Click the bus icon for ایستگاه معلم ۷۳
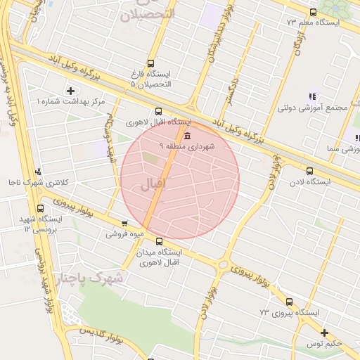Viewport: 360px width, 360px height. tap(313, 12)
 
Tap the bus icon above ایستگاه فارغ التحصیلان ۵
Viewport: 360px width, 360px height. tap(150, 63)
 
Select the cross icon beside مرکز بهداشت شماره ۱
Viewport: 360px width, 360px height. tap(70, 91)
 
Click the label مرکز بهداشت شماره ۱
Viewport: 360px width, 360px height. tap(71, 102)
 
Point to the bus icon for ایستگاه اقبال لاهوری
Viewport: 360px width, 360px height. tap(158, 110)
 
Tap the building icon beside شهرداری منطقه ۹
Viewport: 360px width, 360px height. tap(186, 135)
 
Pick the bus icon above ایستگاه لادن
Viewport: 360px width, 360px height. tap(309, 171)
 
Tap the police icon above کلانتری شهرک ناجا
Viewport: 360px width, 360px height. tap(38, 171)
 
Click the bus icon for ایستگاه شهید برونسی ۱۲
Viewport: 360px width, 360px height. tap(39, 209)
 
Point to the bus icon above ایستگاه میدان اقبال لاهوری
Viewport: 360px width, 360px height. tap(158, 241)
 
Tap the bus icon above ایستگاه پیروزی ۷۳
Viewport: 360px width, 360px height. tap(289, 302)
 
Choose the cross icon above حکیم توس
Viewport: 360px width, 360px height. tap(323, 333)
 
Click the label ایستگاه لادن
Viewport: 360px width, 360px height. tap(309, 182)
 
